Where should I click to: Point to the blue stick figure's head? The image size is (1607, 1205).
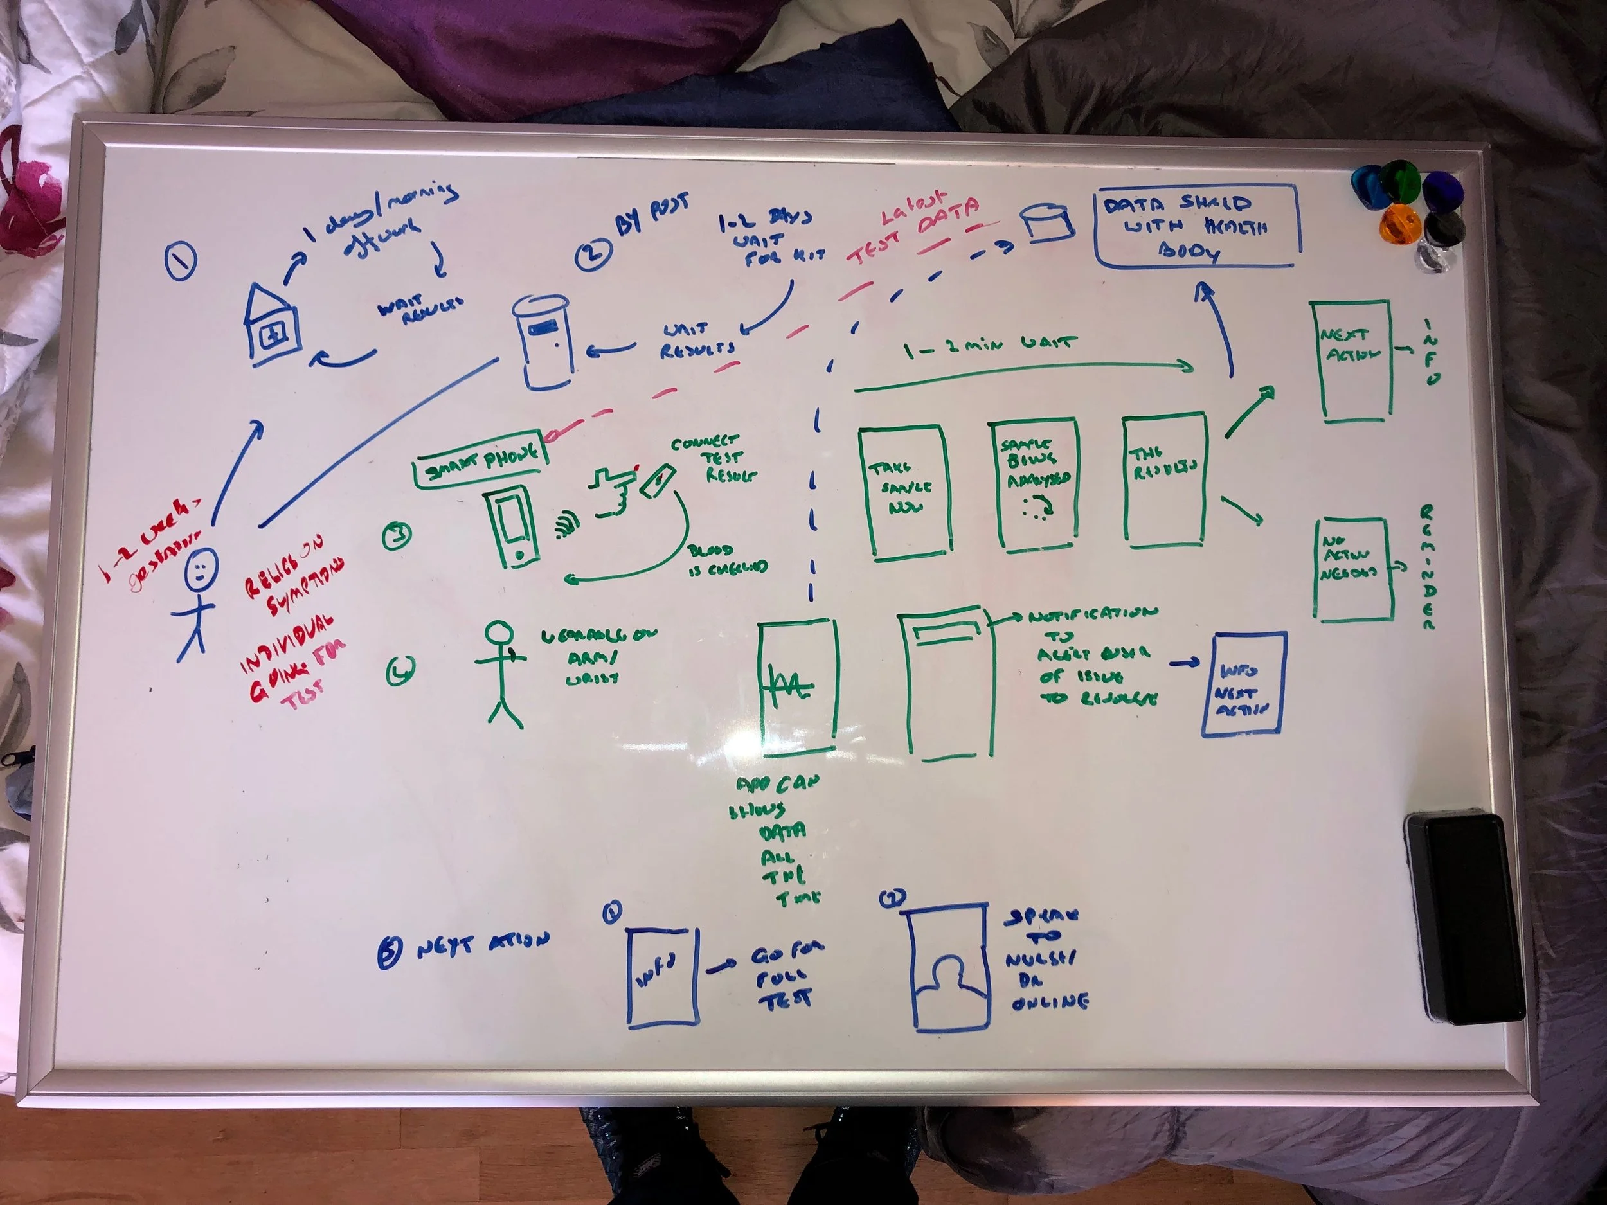click(201, 569)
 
